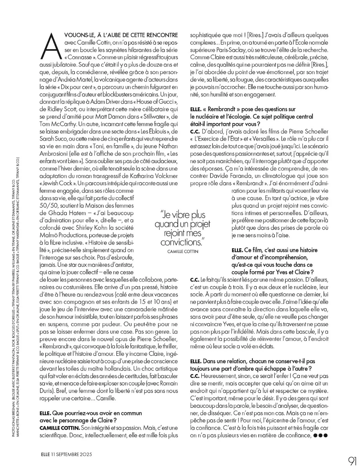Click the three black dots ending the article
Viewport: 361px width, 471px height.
(x=320, y=435)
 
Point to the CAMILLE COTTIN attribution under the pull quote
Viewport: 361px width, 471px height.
(x=183, y=251)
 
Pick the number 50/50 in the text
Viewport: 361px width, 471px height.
(x=50, y=206)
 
